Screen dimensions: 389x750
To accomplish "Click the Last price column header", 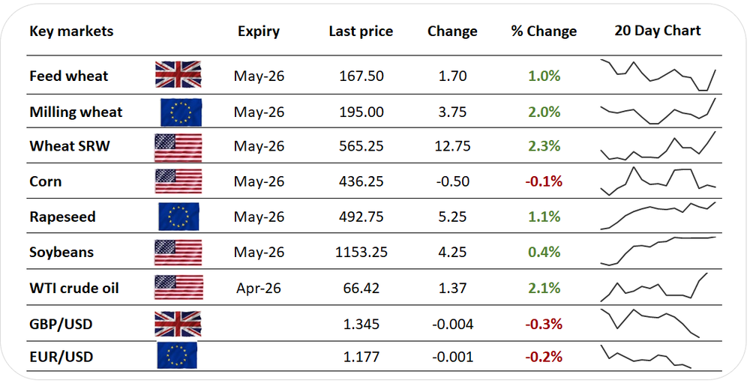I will pos(361,31).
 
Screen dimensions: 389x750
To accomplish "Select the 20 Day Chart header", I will pos(657,31).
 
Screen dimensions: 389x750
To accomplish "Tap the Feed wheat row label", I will pos(68,76).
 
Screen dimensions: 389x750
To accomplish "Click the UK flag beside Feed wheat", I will pos(178,76).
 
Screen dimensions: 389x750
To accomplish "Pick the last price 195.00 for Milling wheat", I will pos(361,112).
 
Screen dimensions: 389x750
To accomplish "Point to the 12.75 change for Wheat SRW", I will pos(452,146).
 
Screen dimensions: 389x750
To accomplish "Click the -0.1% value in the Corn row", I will pos(544,181).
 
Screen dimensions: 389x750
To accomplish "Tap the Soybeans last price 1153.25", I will pos(361,252).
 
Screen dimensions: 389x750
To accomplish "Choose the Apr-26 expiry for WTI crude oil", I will pos(259,288).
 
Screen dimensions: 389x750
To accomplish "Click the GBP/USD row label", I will pos(61,324).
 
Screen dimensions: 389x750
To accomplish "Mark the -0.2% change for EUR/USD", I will pos(544,357).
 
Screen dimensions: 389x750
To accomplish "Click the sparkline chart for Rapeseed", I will pos(658,215).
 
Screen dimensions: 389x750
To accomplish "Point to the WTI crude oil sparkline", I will pos(658,289).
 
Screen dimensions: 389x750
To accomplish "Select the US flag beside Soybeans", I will pos(178,253).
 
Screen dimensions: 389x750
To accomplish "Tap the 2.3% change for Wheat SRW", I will pos(544,146).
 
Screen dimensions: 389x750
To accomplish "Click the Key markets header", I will pos(71,31).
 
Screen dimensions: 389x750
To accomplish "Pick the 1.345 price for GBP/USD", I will pos(361,324).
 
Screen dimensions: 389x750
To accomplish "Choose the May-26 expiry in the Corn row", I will pos(259,181).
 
